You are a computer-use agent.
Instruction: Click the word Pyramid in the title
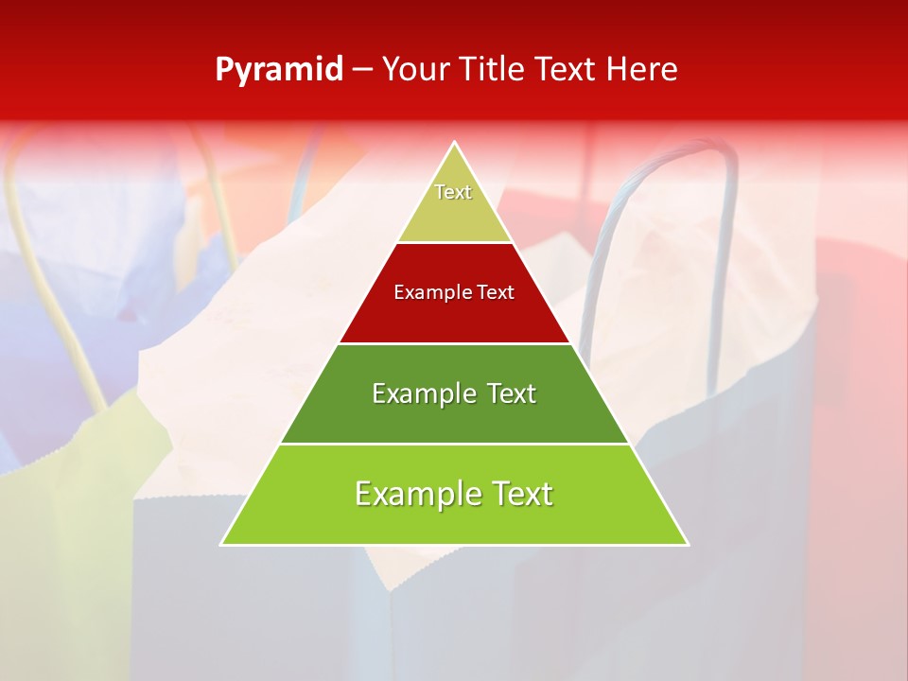pos(279,70)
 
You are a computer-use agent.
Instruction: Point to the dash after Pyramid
pos(362,70)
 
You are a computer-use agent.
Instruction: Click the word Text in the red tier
pos(496,293)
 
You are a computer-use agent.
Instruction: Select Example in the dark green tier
pos(413,393)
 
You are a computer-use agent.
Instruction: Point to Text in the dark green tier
pos(512,393)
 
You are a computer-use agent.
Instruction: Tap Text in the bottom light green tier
pos(522,494)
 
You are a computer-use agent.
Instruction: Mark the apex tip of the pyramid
pos(455,143)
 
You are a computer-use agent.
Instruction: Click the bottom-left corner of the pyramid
pos(222,544)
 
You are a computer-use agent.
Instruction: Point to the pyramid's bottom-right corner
pos(687,544)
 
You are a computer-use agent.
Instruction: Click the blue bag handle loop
pos(728,189)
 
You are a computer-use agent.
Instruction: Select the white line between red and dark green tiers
pos(454,343)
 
